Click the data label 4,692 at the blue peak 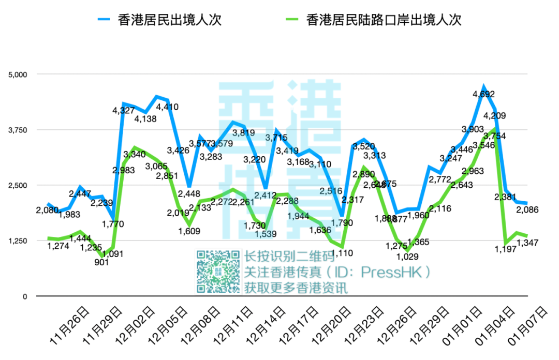point(483,94)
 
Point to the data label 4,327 point(123,110)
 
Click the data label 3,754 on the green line point(495,136)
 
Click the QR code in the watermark point(218,272)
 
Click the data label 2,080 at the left point(47,211)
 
